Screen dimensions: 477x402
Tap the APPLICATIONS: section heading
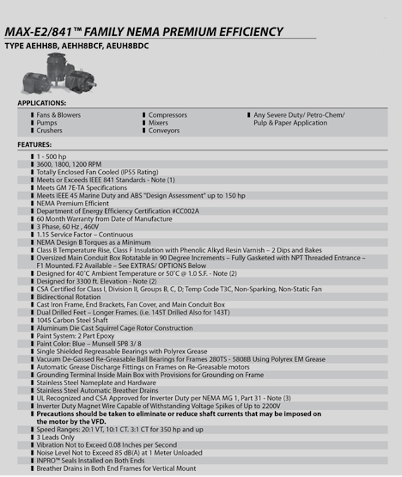coord(41,103)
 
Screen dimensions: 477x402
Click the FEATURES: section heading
coord(34,144)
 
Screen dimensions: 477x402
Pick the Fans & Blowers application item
coord(59,115)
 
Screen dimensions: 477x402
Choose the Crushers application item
coord(49,130)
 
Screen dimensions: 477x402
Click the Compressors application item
coord(167,115)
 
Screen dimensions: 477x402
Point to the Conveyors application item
coord(164,130)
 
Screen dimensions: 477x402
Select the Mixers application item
coord(158,123)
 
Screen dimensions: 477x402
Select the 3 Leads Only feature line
coord(57,437)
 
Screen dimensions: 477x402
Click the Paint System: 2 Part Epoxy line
coord(75,336)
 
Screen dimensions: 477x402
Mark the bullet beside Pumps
coord(33,123)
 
